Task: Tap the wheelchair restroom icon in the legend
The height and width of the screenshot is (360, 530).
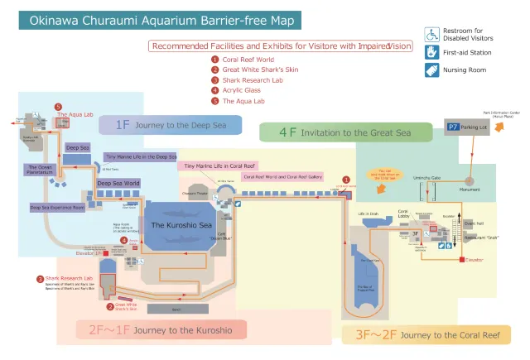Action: coord(431,34)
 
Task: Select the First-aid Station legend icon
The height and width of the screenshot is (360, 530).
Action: coord(431,52)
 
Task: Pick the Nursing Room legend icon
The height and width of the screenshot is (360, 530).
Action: coord(431,70)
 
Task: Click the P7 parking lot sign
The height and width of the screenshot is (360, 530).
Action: coord(454,127)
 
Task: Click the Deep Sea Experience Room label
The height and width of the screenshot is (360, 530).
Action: coord(57,209)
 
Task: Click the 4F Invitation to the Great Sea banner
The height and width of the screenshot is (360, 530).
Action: coord(345,132)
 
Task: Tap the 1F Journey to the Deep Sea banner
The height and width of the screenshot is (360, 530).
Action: coord(170,125)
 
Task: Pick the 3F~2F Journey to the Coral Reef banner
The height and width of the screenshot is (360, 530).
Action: coord(426,334)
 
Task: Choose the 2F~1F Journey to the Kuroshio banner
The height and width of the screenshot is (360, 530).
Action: coord(166,330)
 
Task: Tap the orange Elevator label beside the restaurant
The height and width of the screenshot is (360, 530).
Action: coord(475,260)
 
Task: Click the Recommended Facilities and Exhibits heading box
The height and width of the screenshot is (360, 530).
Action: coord(280,46)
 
